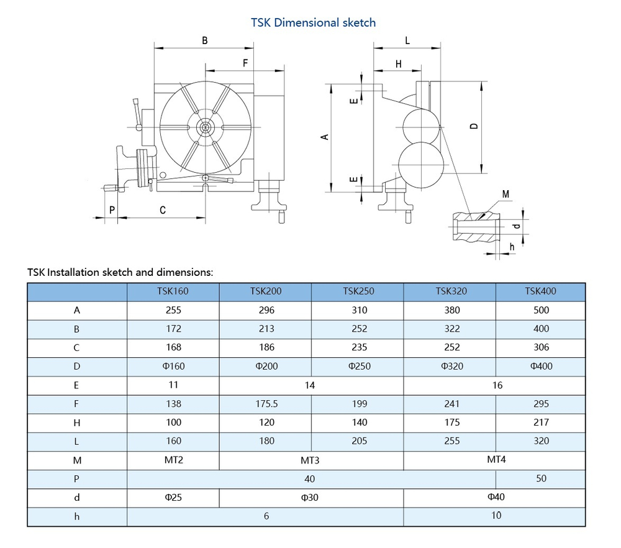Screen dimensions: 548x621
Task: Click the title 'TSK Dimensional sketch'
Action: [313, 22]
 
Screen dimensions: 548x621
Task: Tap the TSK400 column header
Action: [540, 291]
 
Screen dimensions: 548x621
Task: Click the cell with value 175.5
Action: [266, 404]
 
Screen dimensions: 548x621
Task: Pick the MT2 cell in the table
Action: [174, 460]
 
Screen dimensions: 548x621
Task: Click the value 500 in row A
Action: [541, 310]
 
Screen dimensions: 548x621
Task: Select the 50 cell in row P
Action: [541, 478]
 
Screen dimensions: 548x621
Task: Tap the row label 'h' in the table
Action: [77, 516]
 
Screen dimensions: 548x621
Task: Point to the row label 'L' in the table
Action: [77, 441]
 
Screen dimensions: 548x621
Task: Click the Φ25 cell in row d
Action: [174, 497]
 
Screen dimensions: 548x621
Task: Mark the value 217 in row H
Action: [541, 422]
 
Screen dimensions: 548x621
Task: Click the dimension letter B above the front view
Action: [204, 40]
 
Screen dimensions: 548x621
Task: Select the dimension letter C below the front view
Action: [163, 210]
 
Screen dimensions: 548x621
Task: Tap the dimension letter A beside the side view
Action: [324, 136]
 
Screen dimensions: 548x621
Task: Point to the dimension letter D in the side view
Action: [474, 126]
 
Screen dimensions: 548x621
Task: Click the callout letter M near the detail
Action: [505, 194]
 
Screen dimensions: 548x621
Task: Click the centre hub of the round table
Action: [204, 127]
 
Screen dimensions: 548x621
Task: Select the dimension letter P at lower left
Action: [112, 210]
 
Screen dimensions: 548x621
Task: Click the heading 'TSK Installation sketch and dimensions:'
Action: [120, 272]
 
